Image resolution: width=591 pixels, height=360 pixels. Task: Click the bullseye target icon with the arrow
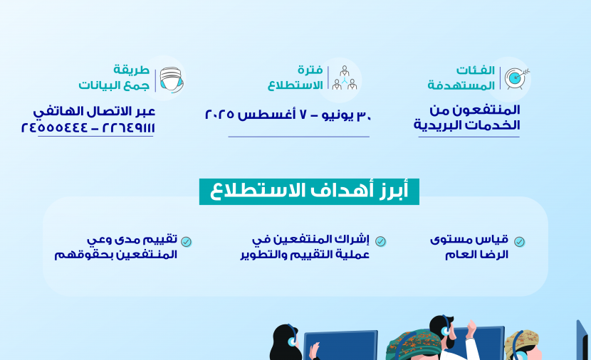[516, 78]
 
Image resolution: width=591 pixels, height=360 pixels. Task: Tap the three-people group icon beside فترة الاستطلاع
[344, 78]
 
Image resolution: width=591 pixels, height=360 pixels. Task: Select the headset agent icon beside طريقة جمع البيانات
[172, 80]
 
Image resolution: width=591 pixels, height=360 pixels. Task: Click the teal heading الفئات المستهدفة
[461, 78]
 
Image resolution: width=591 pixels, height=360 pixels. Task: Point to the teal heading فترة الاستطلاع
[295, 78]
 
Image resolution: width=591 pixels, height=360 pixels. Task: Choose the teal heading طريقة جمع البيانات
[114, 78]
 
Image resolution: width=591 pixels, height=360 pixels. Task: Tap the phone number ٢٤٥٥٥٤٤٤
[54, 127]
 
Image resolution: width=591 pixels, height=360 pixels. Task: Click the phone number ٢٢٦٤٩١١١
[129, 127]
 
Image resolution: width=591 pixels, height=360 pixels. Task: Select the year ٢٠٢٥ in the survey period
[219, 114]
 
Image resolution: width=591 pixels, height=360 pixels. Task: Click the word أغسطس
[266, 114]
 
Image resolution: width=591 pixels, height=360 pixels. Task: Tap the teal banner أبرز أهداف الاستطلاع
[309, 191]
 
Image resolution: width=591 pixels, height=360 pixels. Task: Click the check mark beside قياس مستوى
[519, 241]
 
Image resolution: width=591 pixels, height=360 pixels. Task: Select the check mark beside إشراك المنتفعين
[380, 241]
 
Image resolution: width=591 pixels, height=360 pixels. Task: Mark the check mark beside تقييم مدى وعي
[186, 242]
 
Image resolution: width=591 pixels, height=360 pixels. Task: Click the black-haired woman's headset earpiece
[292, 342]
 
